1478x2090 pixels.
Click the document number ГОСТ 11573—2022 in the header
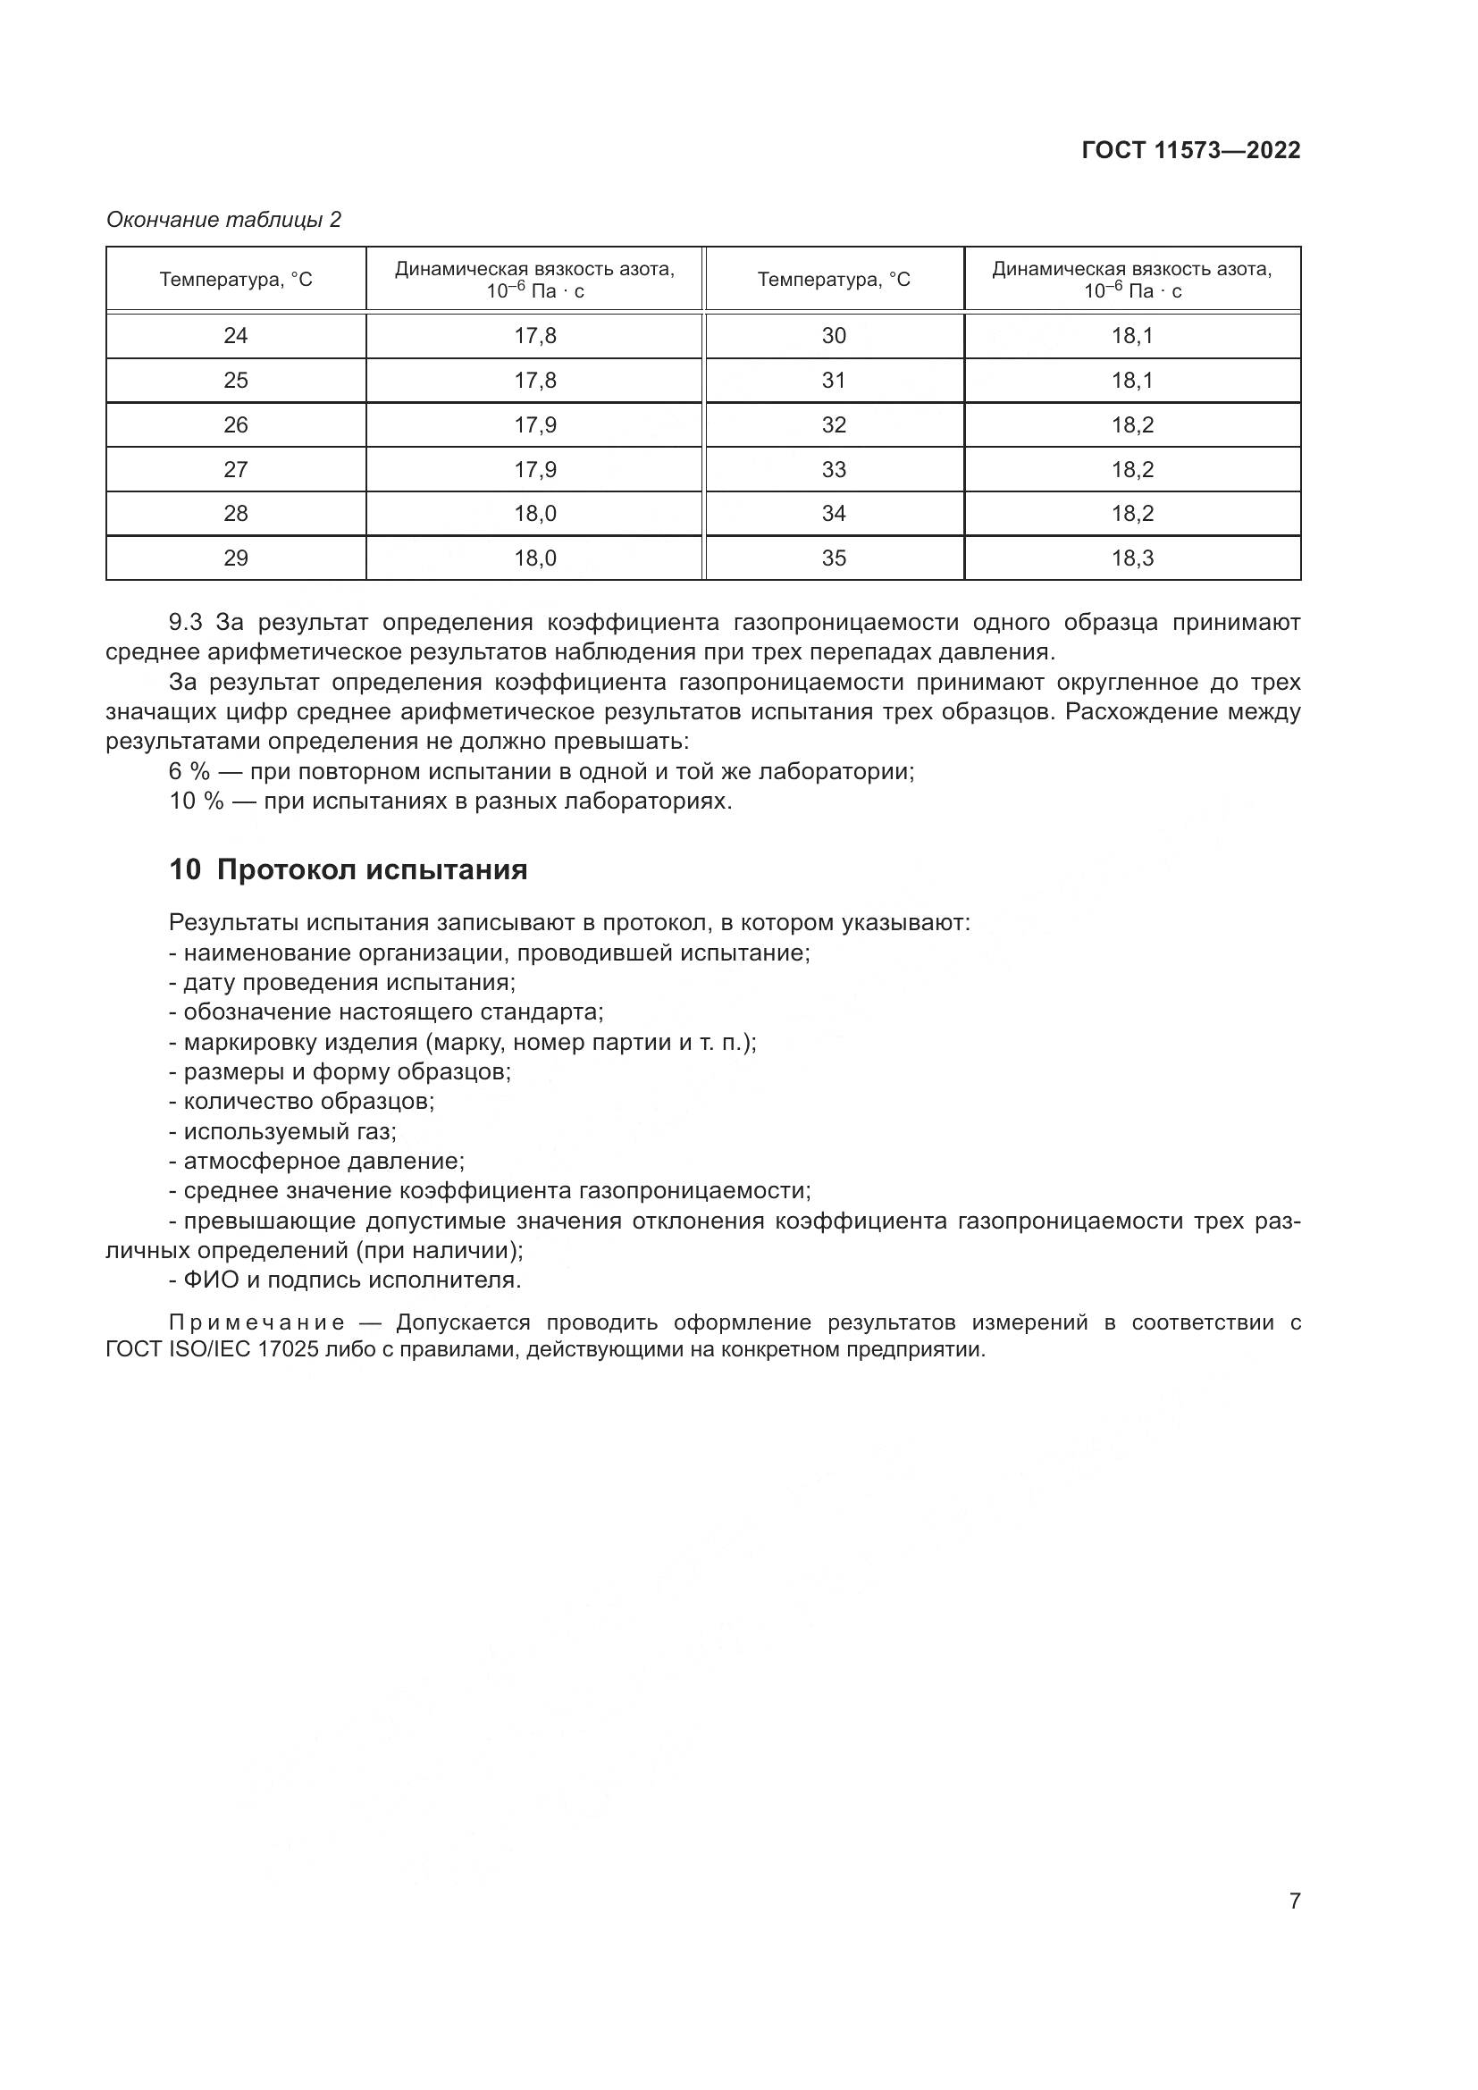1190,150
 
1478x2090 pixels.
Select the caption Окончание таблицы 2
224,220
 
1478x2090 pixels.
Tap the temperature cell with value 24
236,336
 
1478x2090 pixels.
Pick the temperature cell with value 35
834,558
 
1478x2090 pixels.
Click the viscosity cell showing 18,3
1132,558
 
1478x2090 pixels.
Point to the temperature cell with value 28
236,514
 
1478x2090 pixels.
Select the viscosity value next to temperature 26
535,425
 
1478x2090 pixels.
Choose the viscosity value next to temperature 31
1132,381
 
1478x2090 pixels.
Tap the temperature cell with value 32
834,425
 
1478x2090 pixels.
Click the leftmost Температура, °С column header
236,280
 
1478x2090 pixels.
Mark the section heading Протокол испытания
373,870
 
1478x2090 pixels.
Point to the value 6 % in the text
189,772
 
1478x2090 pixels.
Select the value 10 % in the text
196,802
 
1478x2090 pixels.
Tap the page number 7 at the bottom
1294,1901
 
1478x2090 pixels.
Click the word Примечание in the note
256,1322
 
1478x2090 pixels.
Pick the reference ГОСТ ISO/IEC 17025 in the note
211,1349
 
